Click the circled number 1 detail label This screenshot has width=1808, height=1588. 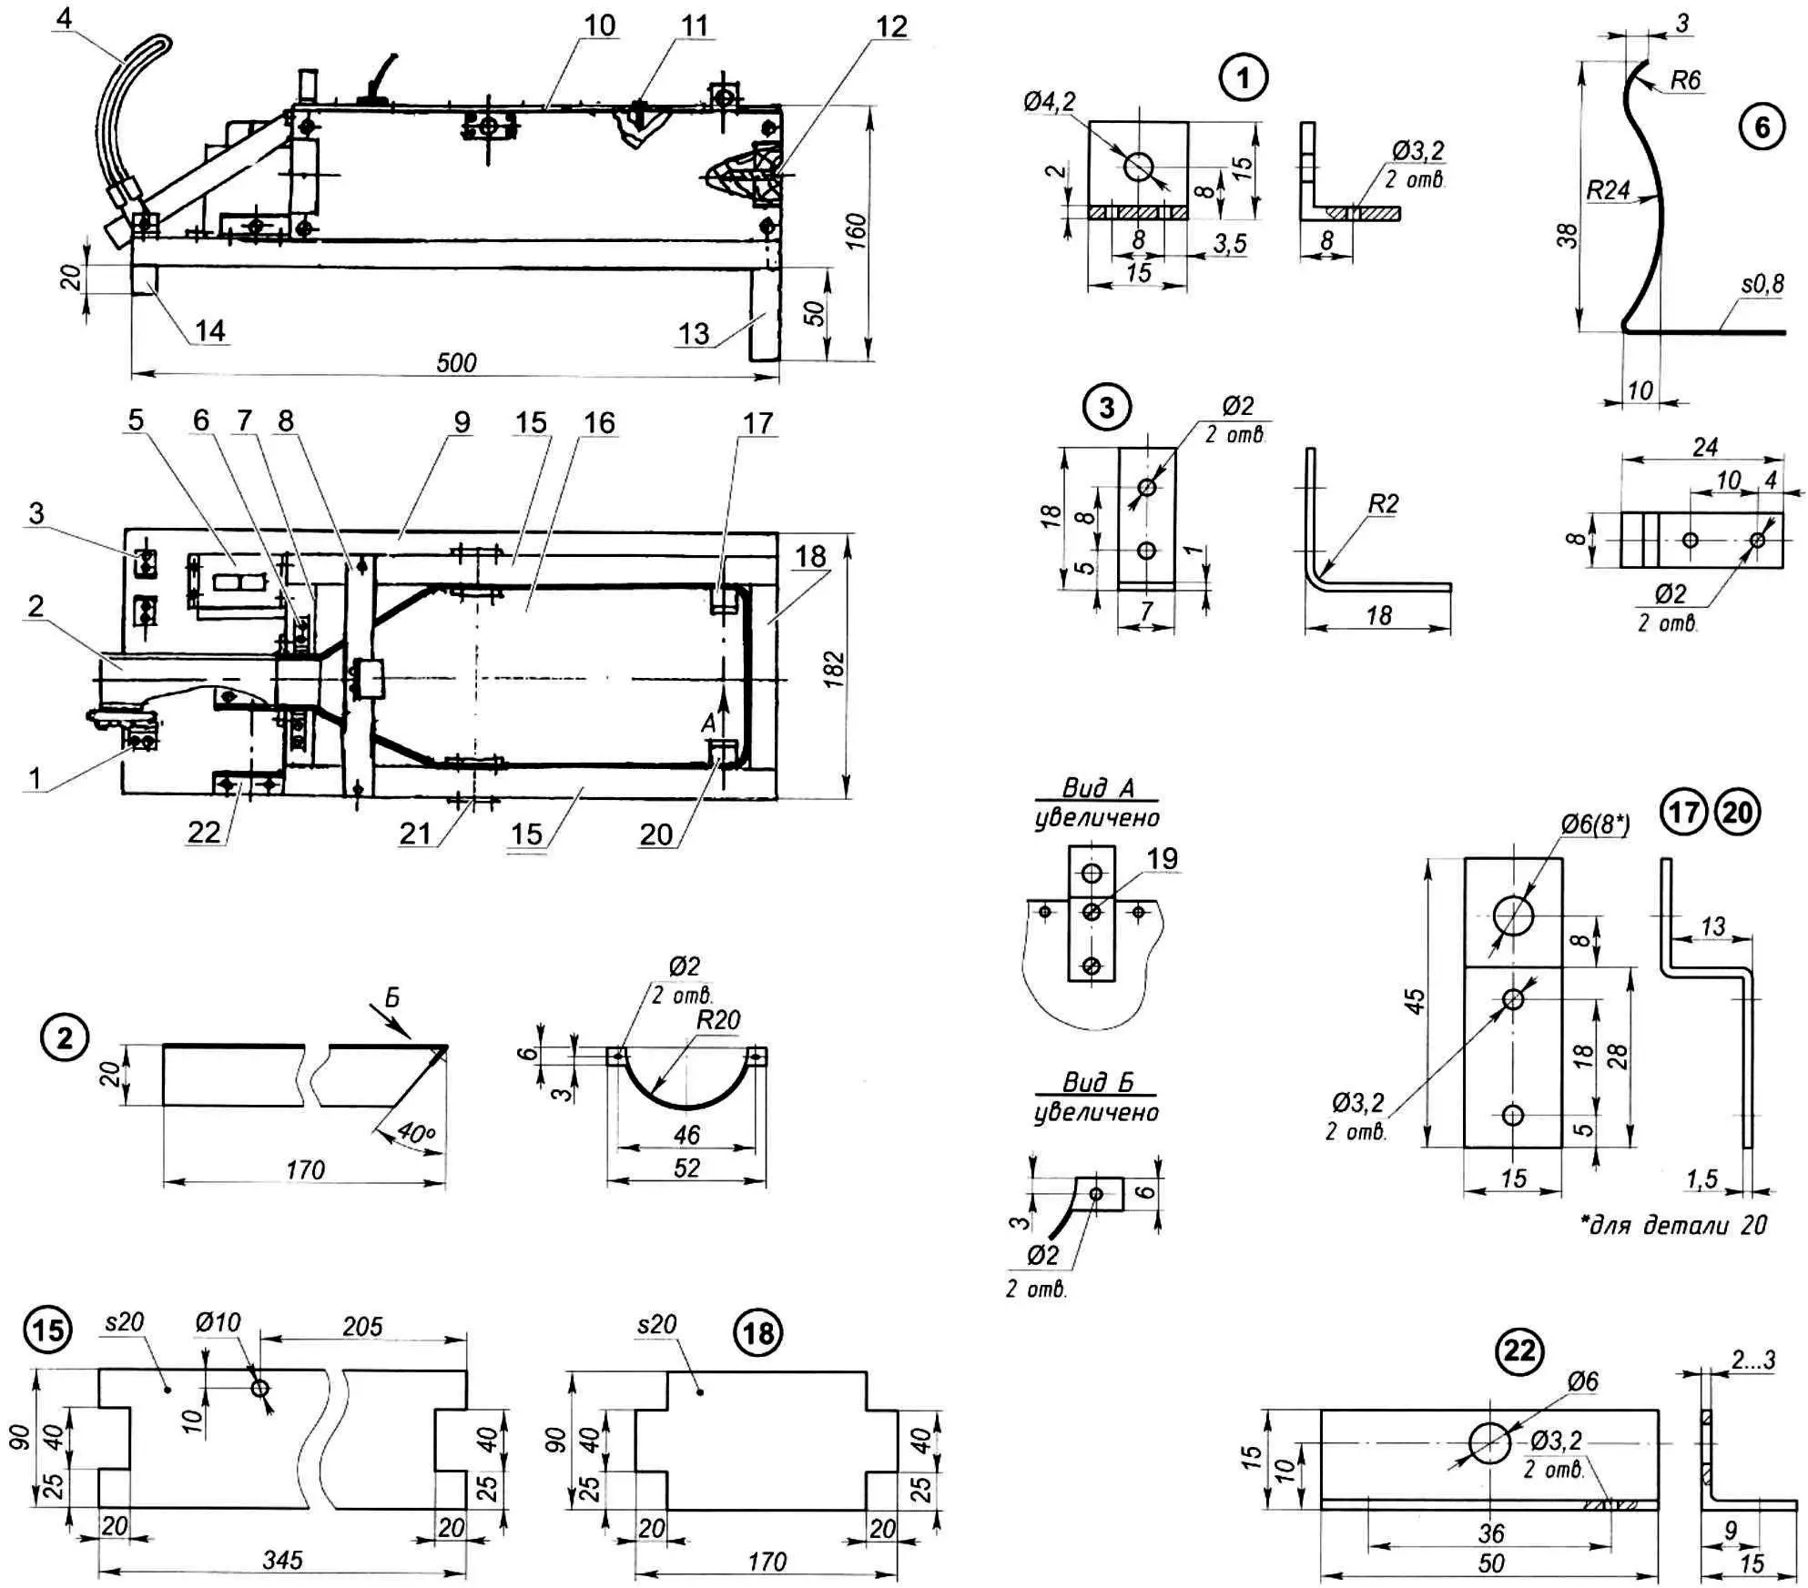click(x=1243, y=79)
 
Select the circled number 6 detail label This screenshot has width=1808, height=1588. click(x=1762, y=126)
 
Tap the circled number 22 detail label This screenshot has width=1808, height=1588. click(x=1519, y=1350)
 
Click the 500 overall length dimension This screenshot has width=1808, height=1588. click(x=456, y=362)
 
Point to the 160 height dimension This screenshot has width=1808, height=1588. click(x=855, y=233)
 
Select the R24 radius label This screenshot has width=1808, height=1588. click(x=1608, y=190)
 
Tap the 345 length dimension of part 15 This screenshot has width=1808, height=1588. click(x=283, y=1560)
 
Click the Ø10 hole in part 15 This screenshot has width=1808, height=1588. click(x=259, y=1387)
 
